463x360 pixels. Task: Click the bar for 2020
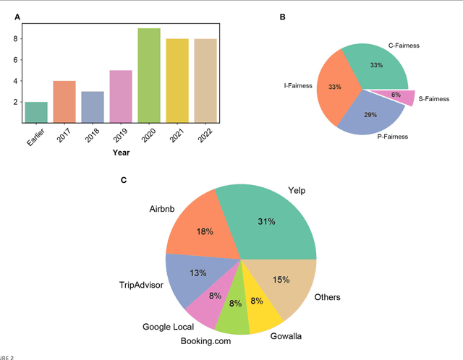[149, 75]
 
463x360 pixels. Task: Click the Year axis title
[121, 153]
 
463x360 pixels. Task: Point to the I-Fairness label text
[297, 86]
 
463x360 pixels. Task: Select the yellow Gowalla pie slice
[258, 309]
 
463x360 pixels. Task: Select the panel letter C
[124, 179]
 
